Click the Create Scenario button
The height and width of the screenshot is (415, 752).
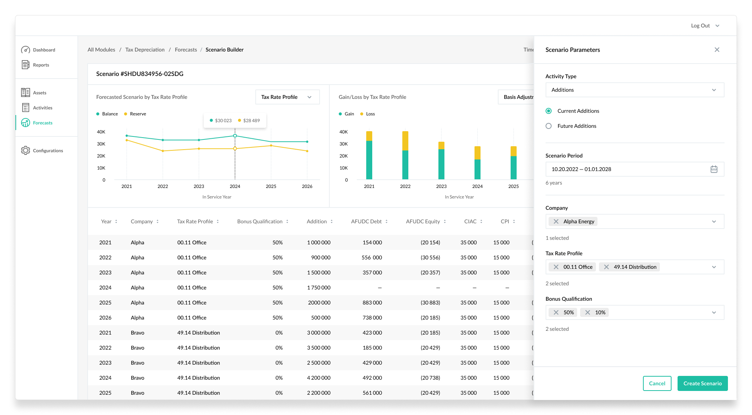(702, 383)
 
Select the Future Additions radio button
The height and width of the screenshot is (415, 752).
(549, 126)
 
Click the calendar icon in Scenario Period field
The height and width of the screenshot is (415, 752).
(714, 169)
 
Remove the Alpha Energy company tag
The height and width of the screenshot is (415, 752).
(556, 221)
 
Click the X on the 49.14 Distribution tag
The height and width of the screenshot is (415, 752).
(606, 267)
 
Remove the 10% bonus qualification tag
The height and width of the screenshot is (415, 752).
(588, 312)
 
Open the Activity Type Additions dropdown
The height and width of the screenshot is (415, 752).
(635, 90)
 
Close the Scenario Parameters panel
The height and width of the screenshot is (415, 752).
(717, 50)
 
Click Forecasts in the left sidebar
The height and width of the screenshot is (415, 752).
(42, 123)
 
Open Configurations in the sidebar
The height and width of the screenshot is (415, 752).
(48, 151)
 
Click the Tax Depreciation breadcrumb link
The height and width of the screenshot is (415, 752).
(145, 50)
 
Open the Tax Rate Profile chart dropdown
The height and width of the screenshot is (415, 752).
(287, 97)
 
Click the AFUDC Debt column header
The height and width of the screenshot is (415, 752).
(366, 221)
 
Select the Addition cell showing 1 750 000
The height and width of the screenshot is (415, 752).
(319, 288)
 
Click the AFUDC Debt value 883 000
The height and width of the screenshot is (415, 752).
(372, 303)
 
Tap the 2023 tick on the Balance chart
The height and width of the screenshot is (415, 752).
(199, 186)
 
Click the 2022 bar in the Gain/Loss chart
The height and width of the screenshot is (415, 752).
(405, 155)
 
